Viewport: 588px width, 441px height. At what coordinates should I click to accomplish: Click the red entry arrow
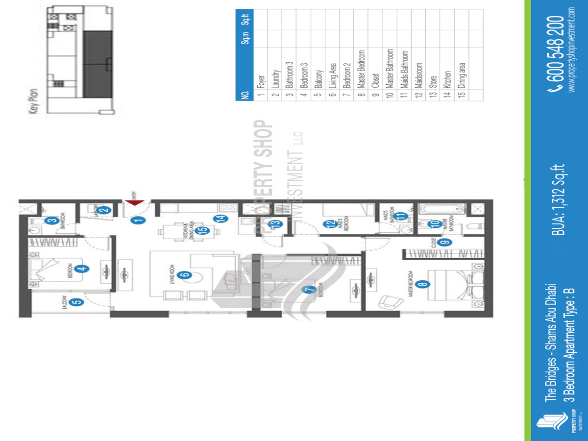[134, 203]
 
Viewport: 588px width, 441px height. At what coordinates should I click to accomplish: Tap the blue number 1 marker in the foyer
[139, 220]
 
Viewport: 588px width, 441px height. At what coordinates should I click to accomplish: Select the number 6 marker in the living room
[185, 274]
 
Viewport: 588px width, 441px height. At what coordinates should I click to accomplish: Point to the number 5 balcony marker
[77, 302]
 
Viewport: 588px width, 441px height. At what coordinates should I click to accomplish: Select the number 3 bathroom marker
[51, 220]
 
